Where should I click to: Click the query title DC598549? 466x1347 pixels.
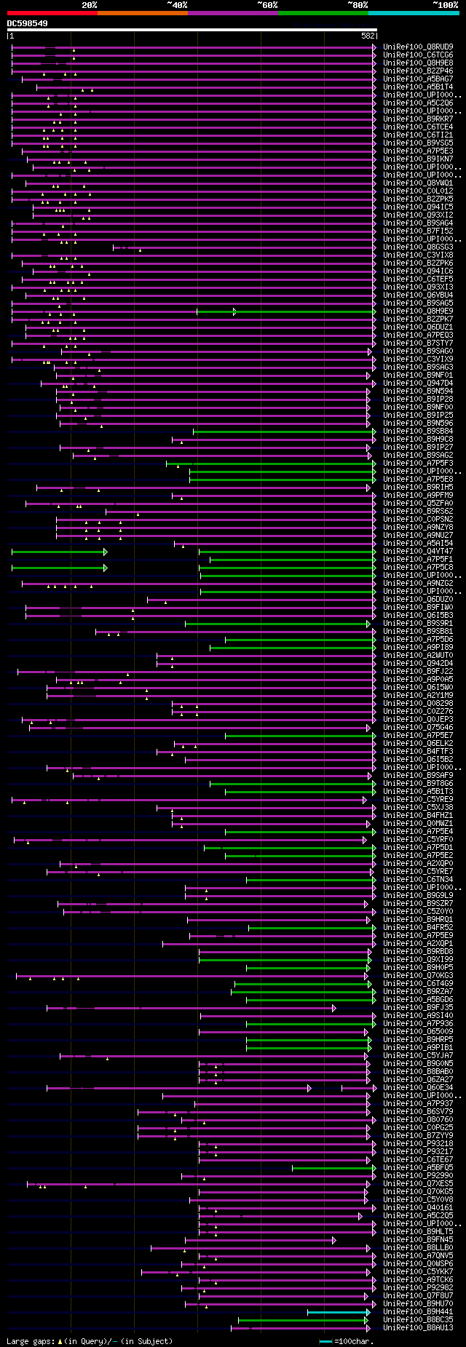(28, 23)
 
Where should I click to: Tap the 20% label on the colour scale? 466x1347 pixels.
(89, 5)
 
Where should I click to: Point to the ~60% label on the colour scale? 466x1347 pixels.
(267, 5)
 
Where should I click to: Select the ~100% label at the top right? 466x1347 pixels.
(445, 5)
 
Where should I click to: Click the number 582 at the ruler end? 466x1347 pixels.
(368, 35)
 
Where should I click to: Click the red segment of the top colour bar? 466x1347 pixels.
(52, 13)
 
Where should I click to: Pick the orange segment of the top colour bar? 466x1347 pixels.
(142, 13)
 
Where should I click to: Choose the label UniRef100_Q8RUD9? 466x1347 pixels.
(418, 47)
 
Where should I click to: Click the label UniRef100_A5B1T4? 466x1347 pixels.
(418, 87)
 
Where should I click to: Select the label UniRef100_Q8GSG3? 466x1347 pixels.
(418, 247)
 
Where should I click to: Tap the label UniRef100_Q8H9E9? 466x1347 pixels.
(418, 311)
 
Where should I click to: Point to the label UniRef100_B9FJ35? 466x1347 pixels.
(418, 1008)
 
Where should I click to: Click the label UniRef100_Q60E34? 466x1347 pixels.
(418, 1088)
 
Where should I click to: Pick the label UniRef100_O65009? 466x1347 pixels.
(418, 1032)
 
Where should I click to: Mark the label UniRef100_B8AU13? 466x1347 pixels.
(418, 1328)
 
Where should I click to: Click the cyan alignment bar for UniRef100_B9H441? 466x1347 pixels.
(339, 1312)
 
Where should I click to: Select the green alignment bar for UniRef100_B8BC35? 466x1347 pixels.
(306, 1320)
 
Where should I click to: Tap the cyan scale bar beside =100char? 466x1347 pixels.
(325, 1340)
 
